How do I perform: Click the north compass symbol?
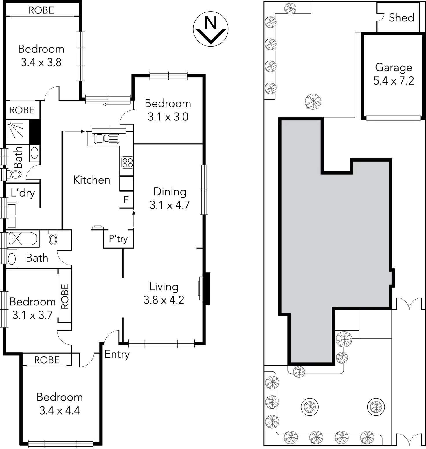click(x=211, y=29)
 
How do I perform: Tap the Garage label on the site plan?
click(x=393, y=67)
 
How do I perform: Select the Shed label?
click(x=401, y=18)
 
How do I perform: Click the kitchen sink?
click(x=106, y=139)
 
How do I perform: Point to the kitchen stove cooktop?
click(x=127, y=162)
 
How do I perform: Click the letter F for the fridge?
click(x=126, y=199)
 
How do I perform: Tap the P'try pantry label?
click(x=118, y=239)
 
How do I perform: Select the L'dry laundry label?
click(x=23, y=193)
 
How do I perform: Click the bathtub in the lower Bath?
click(x=23, y=239)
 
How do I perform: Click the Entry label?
click(x=117, y=354)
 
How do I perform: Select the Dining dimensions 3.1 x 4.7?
click(x=170, y=205)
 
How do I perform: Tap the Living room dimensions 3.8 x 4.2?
click(x=164, y=300)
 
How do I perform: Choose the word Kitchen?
click(x=91, y=180)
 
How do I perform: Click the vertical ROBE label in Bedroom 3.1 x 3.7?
click(x=65, y=296)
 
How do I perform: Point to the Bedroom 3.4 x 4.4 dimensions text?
click(x=60, y=410)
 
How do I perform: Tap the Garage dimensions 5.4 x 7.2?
click(x=394, y=81)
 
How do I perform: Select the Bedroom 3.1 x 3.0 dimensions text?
click(x=168, y=117)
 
